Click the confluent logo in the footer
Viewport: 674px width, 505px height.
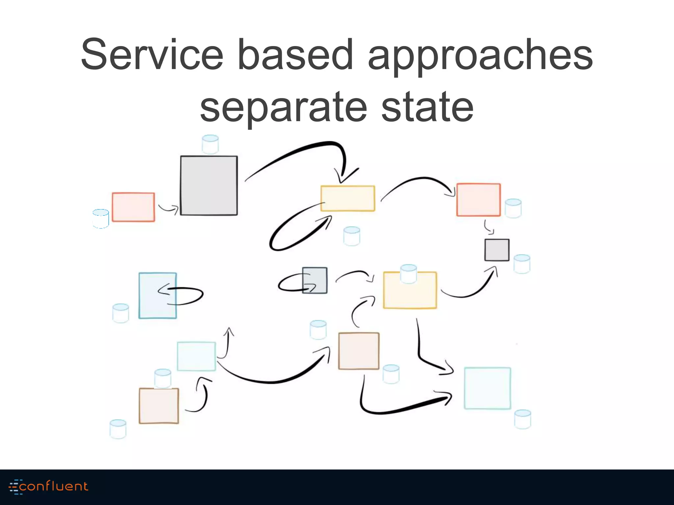coord(49,487)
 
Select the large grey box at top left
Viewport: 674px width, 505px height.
coord(209,186)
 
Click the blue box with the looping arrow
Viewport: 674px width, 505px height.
coord(157,296)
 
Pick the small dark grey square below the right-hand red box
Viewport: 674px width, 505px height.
coord(497,250)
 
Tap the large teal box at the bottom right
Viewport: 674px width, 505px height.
coord(487,388)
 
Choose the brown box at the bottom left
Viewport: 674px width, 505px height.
coord(159,406)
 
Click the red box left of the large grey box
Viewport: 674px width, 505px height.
coord(133,207)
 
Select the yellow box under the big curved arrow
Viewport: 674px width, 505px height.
coord(348,198)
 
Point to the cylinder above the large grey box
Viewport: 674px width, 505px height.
coord(210,144)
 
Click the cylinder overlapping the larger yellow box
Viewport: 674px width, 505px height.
coord(408,274)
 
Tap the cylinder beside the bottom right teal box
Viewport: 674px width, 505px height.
coord(522,419)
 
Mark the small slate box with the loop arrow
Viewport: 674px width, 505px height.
coord(315,280)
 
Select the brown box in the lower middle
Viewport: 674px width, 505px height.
coord(359,351)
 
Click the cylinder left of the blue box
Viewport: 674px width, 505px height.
coord(120,313)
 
